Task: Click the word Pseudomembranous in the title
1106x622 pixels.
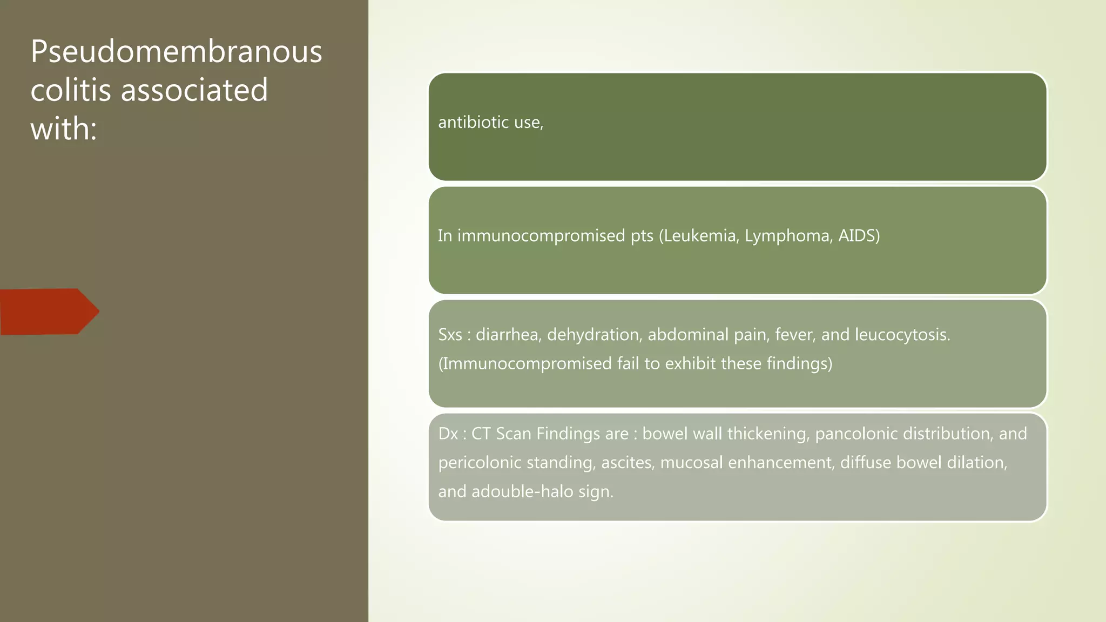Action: (176, 52)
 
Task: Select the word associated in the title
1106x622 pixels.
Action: (194, 90)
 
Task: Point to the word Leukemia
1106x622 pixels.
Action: (700, 236)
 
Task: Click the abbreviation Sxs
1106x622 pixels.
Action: (450, 335)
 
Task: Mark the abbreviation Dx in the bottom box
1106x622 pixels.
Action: (448, 434)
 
